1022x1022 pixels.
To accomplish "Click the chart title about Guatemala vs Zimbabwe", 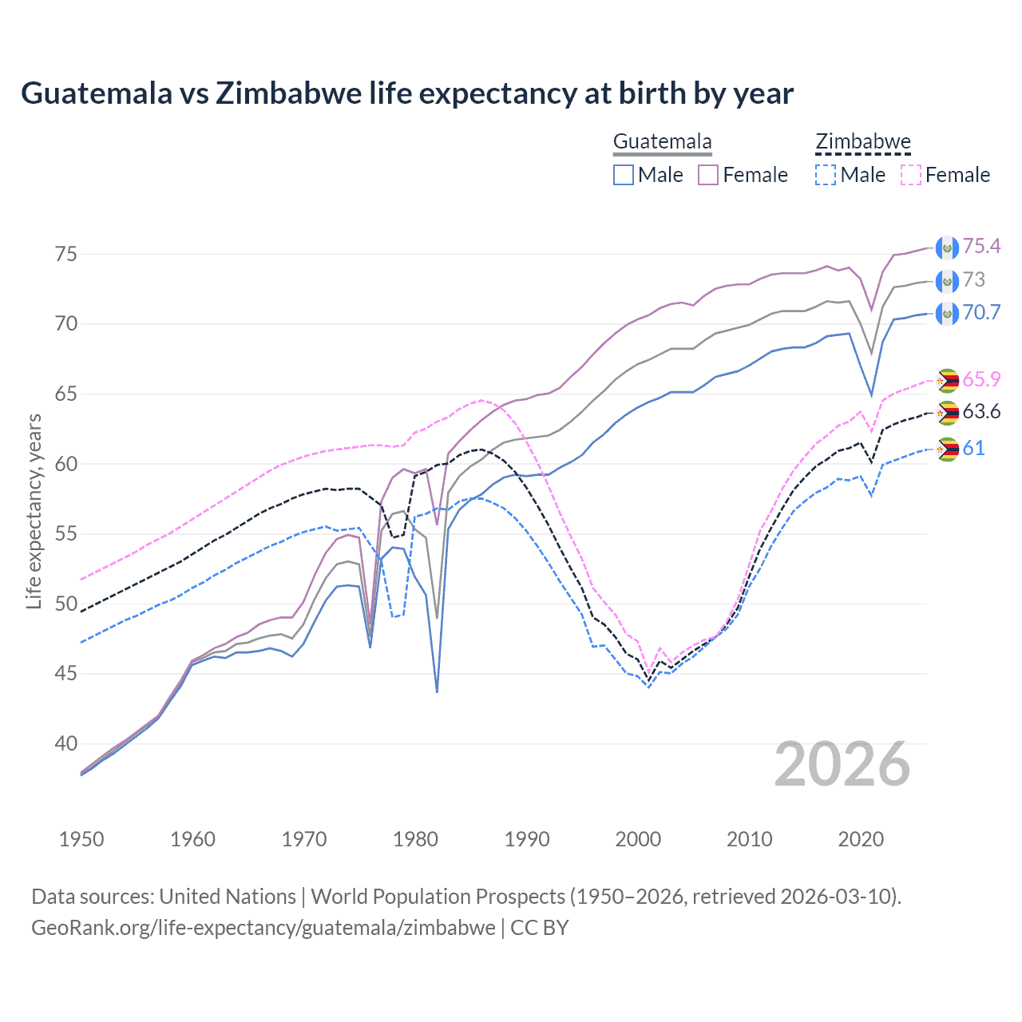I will click(x=407, y=93).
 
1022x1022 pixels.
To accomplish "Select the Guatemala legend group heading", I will click(x=662, y=142).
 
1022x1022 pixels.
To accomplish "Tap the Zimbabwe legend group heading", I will click(x=863, y=142).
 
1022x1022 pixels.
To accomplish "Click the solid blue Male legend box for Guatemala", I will click(x=624, y=175).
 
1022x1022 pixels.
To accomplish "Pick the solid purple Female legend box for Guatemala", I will click(x=708, y=175).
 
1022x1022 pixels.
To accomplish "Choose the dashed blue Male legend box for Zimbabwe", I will click(x=826, y=175).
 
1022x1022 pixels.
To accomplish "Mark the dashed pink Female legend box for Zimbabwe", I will click(x=911, y=175).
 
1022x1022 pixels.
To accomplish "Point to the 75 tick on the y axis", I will click(x=66, y=254).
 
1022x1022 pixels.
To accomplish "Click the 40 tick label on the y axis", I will click(x=66, y=743).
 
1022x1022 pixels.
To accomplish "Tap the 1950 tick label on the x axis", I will click(x=81, y=839).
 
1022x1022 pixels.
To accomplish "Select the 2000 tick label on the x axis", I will click(x=638, y=839).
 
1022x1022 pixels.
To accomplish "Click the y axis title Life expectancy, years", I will click(x=34, y=511).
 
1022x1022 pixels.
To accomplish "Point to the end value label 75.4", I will click(x=981, y=247).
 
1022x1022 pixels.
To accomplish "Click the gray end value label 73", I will click(x=974, y=280).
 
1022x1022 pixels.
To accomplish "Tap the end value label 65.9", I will click(x=981, y=379).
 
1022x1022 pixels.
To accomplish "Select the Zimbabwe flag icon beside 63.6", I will click(x=947, y=413).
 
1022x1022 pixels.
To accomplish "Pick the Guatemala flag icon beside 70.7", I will click(x=947, y=313).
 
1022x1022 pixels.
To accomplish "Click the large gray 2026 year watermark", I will click(x=842, y=764).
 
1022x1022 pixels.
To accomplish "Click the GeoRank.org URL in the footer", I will click(x=263, y=928).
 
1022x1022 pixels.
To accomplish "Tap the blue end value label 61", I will click(x=973, y=449).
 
